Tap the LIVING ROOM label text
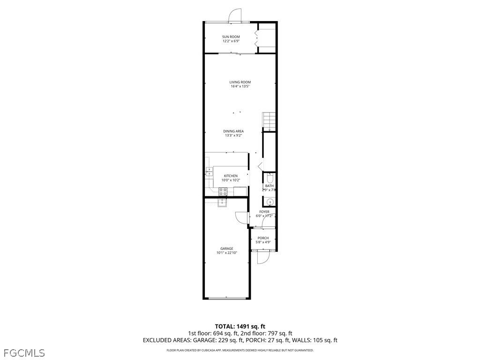point(240,82)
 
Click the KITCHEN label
point(231,176)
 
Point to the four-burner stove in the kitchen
point(223,191)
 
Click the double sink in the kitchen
point(209,172)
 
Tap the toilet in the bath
point(270,178)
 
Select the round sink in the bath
point(270,202)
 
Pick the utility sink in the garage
point(222,202)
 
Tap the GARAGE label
point(227,248)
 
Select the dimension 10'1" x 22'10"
point(227,253)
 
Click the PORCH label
point(263,238)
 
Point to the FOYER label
point(264,212)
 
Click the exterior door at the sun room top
point(234,17)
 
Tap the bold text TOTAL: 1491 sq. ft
point(240,326)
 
